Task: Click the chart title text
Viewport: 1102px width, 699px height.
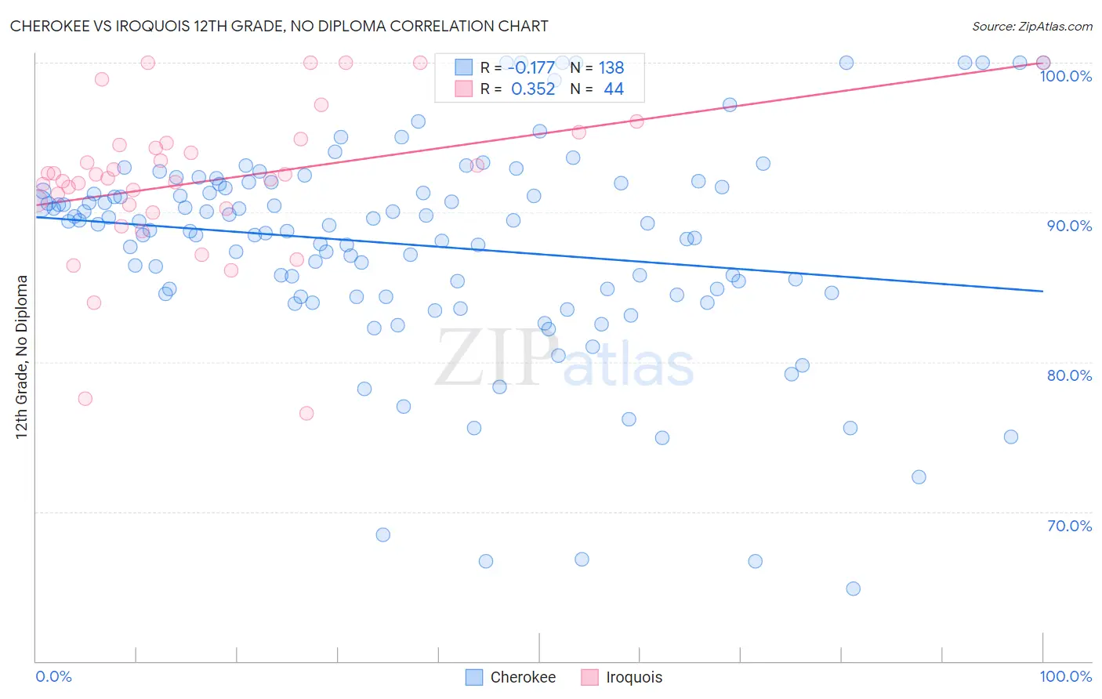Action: pos(279,26)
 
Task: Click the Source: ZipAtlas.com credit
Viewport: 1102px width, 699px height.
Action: pos(1031,27)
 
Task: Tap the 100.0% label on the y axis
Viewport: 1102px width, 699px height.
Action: pos(1065,76)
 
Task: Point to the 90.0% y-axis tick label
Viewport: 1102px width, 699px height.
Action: pos(1069,226)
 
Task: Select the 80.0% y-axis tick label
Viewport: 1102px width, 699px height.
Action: pos(1069,375)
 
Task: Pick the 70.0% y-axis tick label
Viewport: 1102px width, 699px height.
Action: pos(1069,526)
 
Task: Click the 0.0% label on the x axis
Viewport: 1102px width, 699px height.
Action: pos(54,676)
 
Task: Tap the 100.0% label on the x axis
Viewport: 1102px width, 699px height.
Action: pos(1065,676)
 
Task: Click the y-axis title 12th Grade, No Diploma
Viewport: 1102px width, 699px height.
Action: pos(22,357)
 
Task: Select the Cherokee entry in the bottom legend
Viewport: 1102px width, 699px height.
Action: pos(522,677)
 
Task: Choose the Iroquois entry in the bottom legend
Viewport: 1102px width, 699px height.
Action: pos(633,677)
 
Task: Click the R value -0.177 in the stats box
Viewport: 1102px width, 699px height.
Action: pos(531,68)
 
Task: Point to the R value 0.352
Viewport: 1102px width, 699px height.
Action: pos(533,89)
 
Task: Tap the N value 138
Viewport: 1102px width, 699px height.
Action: pos(611,68)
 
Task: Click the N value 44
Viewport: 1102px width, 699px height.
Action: pos(614,89)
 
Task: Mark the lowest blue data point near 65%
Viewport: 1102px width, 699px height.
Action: pos(853,589)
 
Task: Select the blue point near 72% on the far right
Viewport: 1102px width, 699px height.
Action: pos(919,477)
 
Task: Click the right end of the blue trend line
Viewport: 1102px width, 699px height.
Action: pos(1042,292)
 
